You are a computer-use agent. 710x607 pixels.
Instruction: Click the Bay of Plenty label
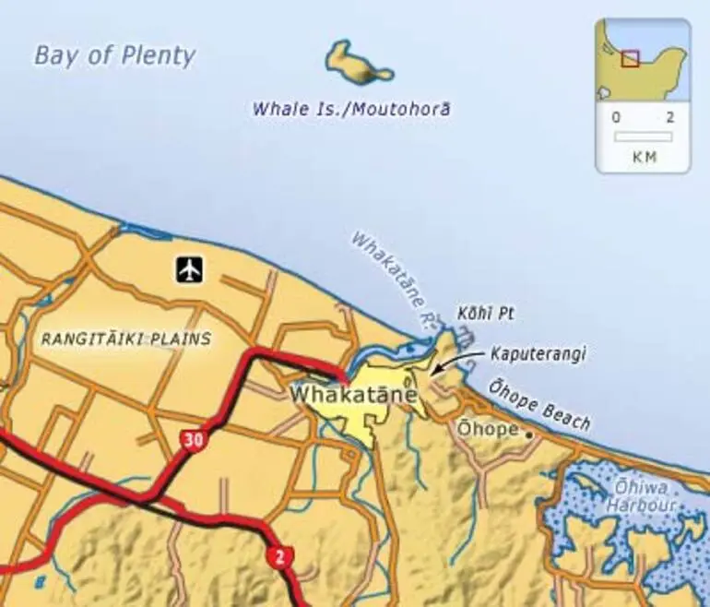[114, 55]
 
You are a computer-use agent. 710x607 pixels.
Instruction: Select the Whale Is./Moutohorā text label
[351, 109]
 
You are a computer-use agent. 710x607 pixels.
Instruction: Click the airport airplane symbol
[191, 270]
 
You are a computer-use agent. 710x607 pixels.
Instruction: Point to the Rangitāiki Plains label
[126, 339]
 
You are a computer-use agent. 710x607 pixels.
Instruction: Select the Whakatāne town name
[354, 394]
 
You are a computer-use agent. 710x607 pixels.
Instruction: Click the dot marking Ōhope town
[529, 434]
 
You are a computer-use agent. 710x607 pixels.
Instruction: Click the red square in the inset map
[630, 58]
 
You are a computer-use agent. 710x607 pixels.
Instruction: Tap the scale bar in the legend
[643, 137]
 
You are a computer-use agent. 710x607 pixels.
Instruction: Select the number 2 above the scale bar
[670, 118]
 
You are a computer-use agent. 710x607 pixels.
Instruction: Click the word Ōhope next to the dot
[488, 428]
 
